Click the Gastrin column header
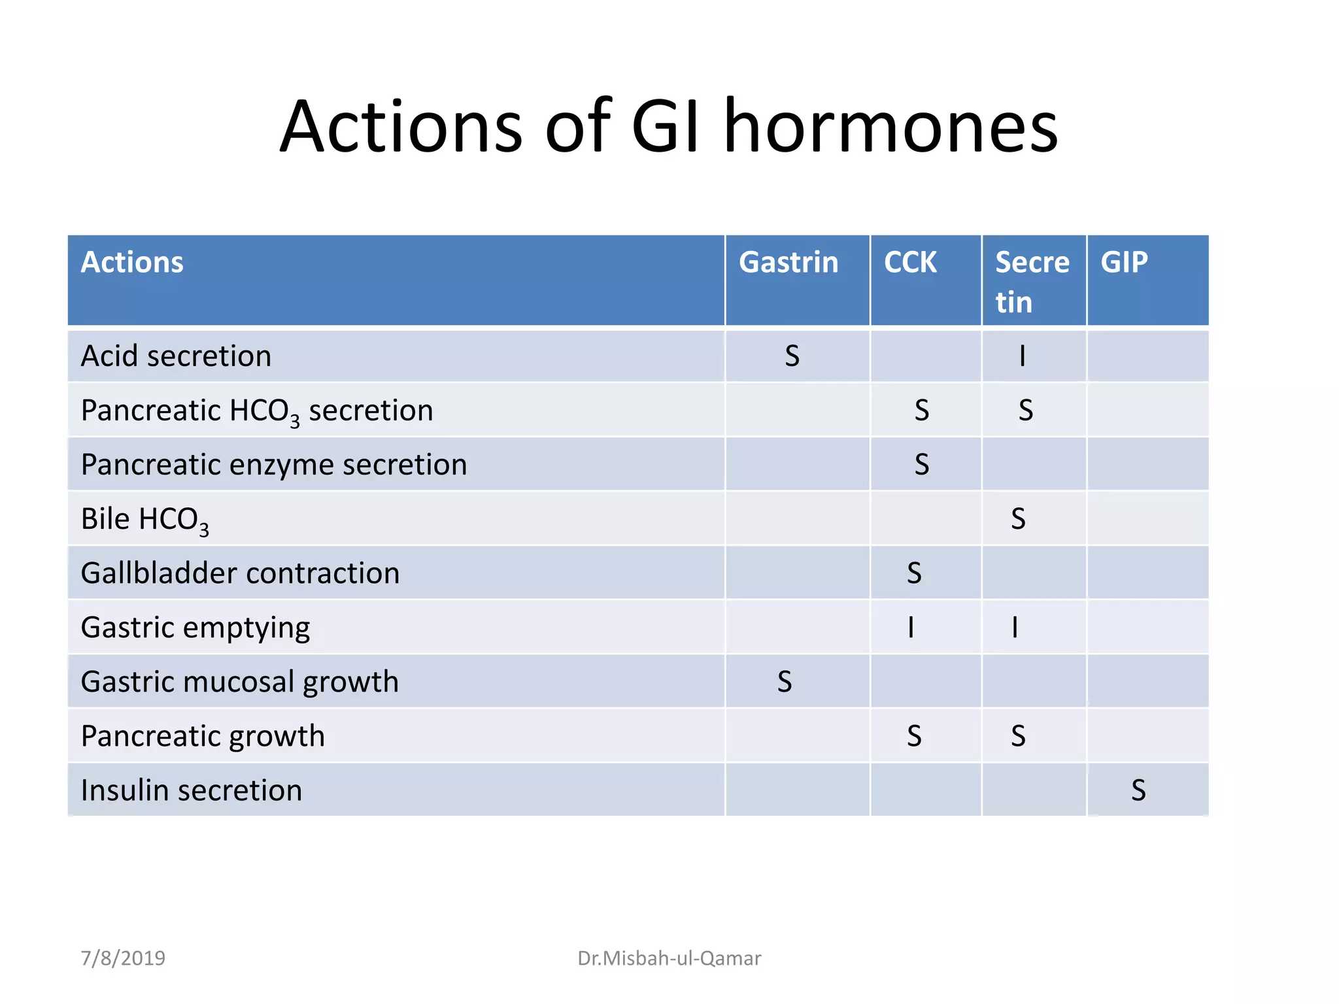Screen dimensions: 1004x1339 pos(788,263)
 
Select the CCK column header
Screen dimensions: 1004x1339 pos(910,263)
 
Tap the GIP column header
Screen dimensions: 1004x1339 pos(1124,263)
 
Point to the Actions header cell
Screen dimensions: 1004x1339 pos(132,263)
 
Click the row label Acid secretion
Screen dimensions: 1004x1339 pos(176,356)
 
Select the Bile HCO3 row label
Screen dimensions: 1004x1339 pos(144,520)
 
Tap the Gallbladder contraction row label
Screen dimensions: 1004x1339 pos(240,573)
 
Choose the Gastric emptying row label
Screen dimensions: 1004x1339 pos(195,627)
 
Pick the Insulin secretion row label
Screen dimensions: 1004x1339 pos(191,790)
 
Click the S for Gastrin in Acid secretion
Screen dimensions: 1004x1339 pos(792,356)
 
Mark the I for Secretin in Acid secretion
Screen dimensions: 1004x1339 pos(1023,356)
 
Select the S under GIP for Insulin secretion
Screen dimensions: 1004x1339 pos(1138,790)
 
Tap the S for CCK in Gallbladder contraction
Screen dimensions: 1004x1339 pos(914,573)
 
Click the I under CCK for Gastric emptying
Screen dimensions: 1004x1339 pos(911,627)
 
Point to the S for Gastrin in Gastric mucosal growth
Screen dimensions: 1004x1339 pos(785,682)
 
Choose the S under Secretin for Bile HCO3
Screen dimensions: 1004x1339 pos(1018,519)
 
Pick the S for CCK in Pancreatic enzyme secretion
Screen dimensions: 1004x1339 pos(921,465)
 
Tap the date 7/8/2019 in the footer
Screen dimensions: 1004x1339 pos(123,958)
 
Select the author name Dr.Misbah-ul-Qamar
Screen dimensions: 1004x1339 pos(669,958)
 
